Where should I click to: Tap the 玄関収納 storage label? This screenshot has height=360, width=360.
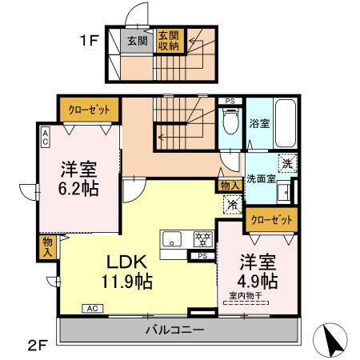click(x=168, y=40)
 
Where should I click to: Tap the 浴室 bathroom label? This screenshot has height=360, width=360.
click(x=258, y=125)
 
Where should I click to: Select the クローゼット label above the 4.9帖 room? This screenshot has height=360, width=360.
click(x=271, y=218)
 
